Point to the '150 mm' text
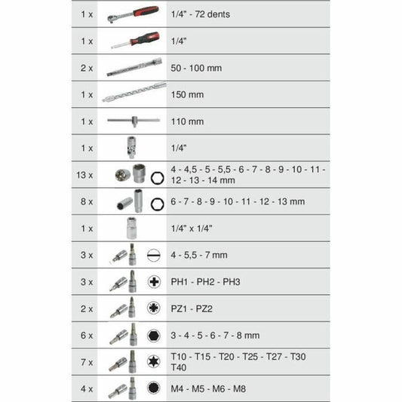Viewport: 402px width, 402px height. [188, 95]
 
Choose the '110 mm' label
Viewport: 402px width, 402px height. [188, 121]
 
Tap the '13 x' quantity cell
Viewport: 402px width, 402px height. [85, 175]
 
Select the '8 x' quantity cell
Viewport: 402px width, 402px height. [85, 201]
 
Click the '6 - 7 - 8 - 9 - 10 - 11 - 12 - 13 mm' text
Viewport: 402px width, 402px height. [238, 201]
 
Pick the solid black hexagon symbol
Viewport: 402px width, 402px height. [154, 336]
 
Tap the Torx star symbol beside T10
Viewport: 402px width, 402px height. [154, 363]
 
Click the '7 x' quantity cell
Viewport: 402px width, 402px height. [85, 363]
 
